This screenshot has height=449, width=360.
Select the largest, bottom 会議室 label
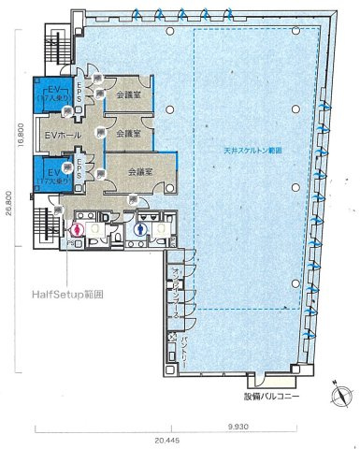[x=138, y=171]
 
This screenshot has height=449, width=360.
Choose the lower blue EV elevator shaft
[x=46, y=174]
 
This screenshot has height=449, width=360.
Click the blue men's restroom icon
[x=140, y=226]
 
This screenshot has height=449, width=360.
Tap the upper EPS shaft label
[x=81, y=94]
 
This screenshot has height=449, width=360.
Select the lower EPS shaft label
[x=81, y=169]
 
